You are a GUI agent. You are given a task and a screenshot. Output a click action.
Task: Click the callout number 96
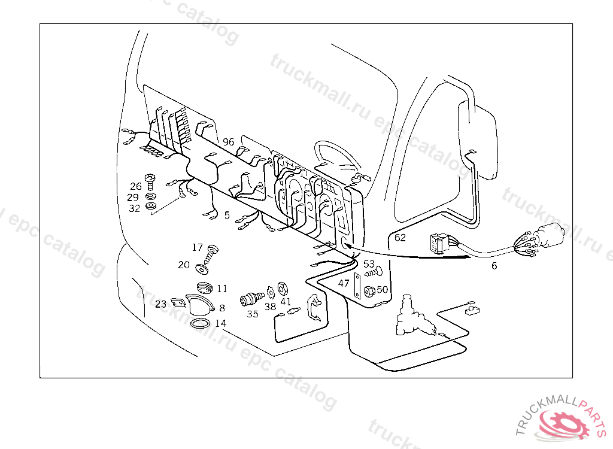click(x=228, y=142)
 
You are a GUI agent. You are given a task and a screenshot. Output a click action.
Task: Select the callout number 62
click(x=400, y=238)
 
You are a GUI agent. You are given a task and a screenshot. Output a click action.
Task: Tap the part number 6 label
click(x=494, y=266)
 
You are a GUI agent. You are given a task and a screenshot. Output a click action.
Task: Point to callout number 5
click(x=227, y=214)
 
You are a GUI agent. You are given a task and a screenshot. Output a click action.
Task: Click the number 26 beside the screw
click(x=136, y=186)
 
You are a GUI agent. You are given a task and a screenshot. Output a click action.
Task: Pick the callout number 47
click(x=344, y=283)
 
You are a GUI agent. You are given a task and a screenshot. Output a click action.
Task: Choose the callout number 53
click(x=369, y=263)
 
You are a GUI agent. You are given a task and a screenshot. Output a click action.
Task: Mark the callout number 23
click(x=160, y=304)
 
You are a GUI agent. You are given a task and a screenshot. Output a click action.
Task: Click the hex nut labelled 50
click(x=369, y=291)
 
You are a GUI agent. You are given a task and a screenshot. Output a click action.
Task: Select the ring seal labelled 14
click(x=201, y=324)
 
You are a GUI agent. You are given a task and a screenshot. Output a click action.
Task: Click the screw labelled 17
click(x=212, y=253)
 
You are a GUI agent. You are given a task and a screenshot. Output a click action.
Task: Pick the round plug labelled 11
click(x=204, y=287)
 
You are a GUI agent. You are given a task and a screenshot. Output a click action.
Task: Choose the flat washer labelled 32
click(x=151, y=207)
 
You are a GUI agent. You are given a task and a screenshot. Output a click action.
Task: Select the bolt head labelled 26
click(x=151, y=178)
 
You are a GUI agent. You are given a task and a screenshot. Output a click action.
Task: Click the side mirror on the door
click(x=477, y=139)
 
